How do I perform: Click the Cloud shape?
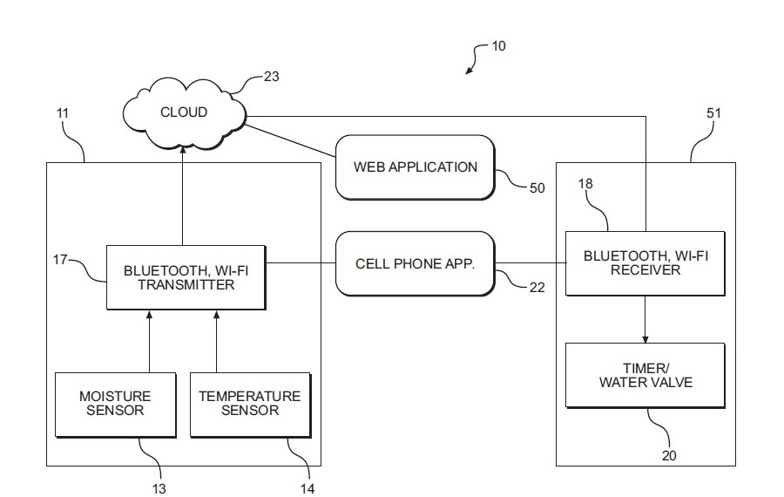(x=184, y=112)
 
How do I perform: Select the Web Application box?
(x=415, y=167)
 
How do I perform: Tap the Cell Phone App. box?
(x=415, y=262)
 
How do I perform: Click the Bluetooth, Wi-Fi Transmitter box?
(x=184, y=276)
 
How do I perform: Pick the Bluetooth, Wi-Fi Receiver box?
(x=645, y=262)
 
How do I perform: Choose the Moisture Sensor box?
(x=115, y=403)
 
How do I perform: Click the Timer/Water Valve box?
(x=645, y=375)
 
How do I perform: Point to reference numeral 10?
(x=498, y=46)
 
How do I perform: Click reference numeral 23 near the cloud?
(x=272, y=77)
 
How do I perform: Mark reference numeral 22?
(x=537, y=285)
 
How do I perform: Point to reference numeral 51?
(x=713, y=113)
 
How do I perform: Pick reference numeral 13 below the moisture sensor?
(x=159, y=488)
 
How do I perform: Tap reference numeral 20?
(x=668, y=454)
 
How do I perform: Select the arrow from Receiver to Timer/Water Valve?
(x=645, y=318)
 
